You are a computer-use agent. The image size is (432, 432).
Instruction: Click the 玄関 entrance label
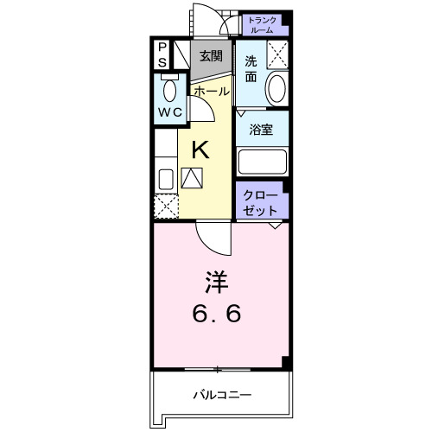209,56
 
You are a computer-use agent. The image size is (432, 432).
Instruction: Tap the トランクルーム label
261,24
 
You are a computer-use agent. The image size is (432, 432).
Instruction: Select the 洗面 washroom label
251,68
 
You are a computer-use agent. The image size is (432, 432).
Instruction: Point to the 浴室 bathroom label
262,131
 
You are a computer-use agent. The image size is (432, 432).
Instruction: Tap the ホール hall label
211,91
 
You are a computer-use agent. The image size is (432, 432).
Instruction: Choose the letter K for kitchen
200,149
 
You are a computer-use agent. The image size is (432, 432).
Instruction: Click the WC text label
168,113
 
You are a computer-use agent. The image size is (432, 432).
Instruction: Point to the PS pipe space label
162,55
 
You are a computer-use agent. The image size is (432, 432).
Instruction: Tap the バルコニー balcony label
221,395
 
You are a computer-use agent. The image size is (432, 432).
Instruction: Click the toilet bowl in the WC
168,89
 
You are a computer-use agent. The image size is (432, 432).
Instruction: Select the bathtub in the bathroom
262,162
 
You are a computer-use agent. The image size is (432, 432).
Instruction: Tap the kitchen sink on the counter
165,180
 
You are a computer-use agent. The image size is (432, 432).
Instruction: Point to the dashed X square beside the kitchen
165,208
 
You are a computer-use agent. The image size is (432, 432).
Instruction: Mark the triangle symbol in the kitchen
193,177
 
